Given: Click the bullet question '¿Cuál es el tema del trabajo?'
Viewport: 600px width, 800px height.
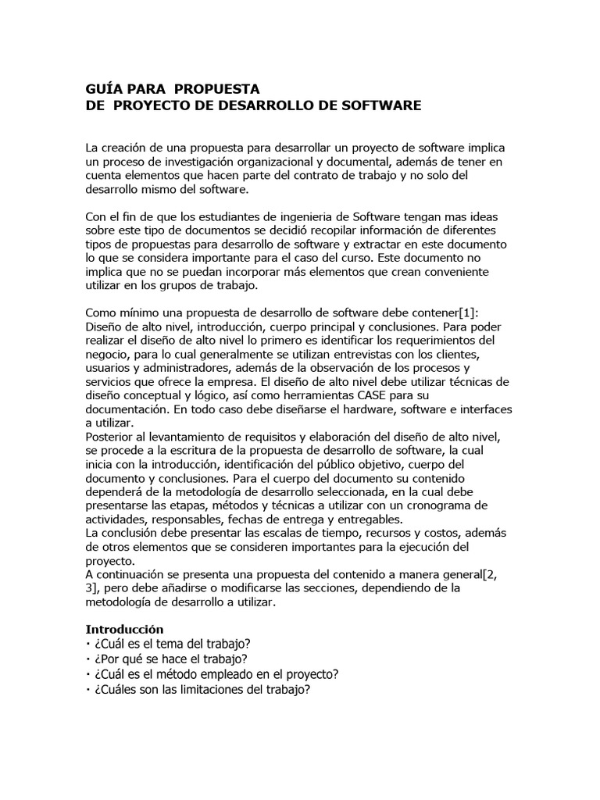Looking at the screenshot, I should click(171, 644).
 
